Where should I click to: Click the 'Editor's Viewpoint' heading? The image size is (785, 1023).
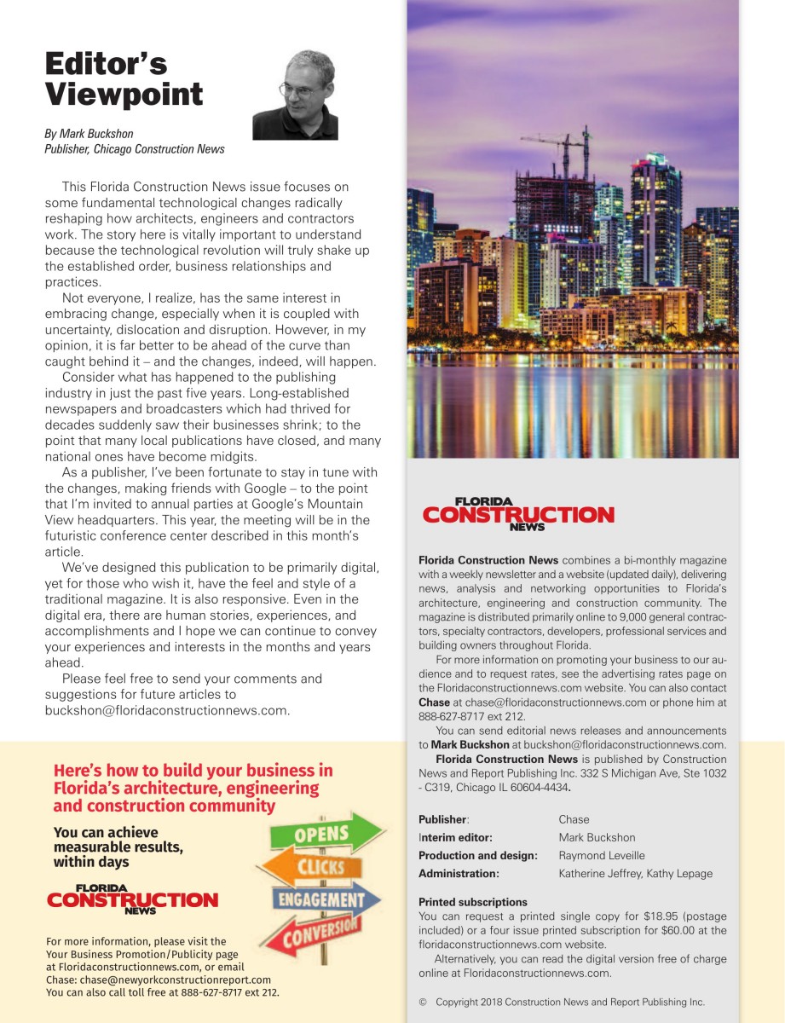[124, 78]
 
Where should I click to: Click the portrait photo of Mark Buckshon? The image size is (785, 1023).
[295, 95]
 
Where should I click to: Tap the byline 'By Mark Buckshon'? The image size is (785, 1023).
[89, 134]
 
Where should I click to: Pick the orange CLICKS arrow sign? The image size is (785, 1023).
[316, 866]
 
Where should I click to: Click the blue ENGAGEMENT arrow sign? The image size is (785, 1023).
[327, 899]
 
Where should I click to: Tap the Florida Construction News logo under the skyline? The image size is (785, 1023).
[518, 514]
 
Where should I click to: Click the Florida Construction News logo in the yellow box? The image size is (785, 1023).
[132, 899]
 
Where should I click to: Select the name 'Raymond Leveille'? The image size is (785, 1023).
[602, 855]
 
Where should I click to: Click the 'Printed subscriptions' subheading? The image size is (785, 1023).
[473, 902]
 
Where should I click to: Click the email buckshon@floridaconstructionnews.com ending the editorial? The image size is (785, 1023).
[168, 710]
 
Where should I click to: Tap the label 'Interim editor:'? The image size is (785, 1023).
[455, 837]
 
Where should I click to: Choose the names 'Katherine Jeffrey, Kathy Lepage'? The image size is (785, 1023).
[635, 873]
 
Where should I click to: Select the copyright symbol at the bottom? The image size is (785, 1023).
[423, 1003]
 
